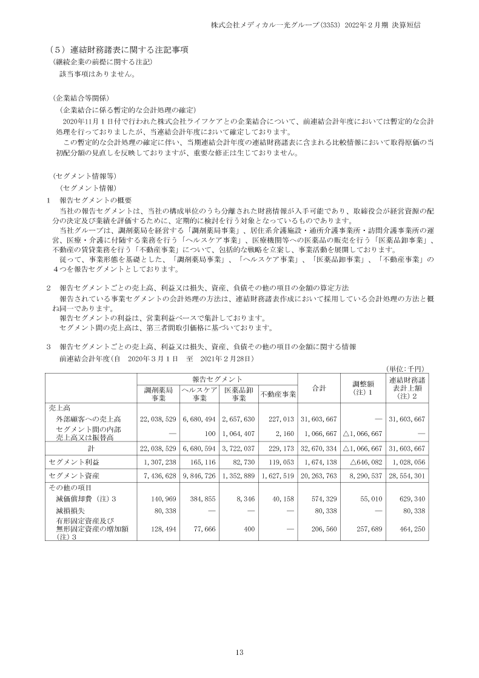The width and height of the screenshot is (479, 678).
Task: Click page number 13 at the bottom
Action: click(239, 653)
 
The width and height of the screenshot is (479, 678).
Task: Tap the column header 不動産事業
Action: click(278, 395)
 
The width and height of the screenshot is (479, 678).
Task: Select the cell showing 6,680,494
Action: click(198, 419)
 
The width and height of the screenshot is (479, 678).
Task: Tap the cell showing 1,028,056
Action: click(407, 462)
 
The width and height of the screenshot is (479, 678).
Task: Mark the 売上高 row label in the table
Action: click(59, 408)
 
